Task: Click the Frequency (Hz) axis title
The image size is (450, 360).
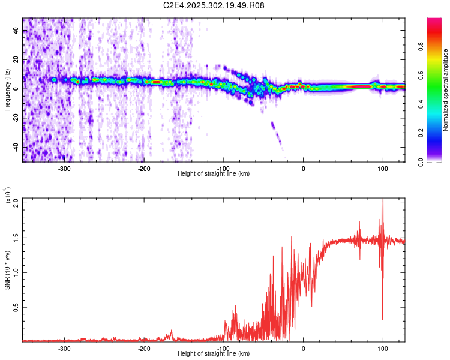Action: point(7,90)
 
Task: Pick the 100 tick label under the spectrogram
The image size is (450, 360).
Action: point(382,169)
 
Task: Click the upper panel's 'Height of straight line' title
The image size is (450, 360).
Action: point(214,174)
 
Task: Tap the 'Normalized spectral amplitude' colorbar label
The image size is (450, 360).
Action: point(446,90)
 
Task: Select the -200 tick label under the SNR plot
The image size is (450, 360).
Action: point(143,349)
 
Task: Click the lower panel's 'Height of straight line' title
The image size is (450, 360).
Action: point(214,354)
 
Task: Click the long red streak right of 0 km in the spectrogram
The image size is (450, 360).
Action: point(360,86)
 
